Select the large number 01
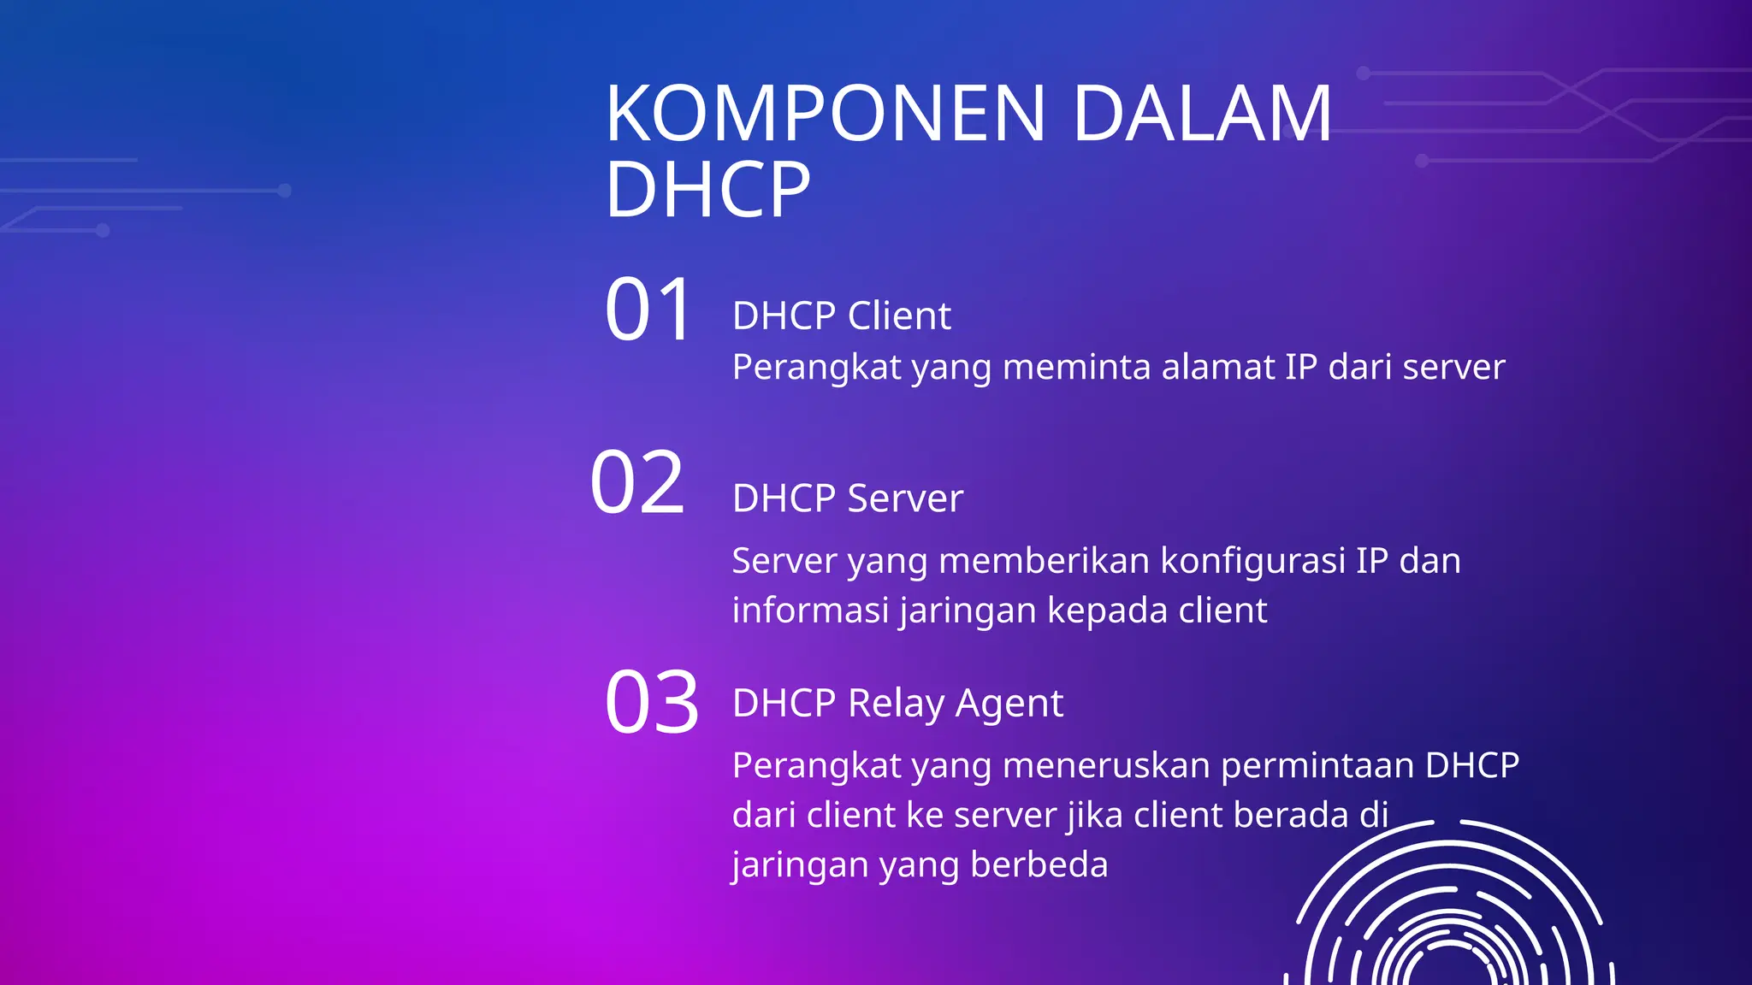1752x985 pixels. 648,310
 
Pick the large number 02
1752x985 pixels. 638,483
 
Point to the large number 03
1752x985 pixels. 652,703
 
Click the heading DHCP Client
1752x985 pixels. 841,316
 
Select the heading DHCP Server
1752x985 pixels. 847,498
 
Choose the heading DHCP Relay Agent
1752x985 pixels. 897,704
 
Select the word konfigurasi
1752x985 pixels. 1252,562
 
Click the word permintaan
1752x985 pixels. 1317,765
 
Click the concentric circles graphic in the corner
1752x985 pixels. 1449,915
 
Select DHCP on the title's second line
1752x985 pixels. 707,189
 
